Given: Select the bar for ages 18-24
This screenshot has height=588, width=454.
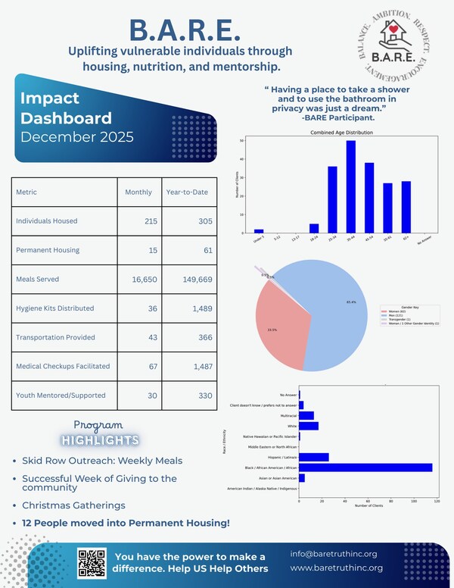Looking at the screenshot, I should coord(314,227).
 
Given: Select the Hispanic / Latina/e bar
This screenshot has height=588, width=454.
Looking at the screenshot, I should coord(314,457).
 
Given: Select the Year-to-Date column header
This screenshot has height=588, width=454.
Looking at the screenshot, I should coord(187,192).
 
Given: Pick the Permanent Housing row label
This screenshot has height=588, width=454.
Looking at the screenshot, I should coord(49,250).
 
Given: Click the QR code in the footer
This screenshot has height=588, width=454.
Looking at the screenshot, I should coord(92,561).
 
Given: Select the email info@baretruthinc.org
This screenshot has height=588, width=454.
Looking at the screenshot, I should coord(333,553).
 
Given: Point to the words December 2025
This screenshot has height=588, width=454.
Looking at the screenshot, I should coord(77,137).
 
